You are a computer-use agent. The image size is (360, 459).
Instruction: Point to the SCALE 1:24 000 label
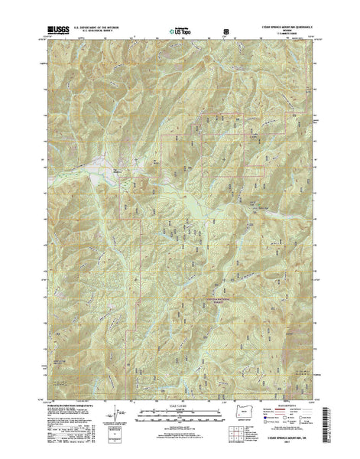click(180, 414)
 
